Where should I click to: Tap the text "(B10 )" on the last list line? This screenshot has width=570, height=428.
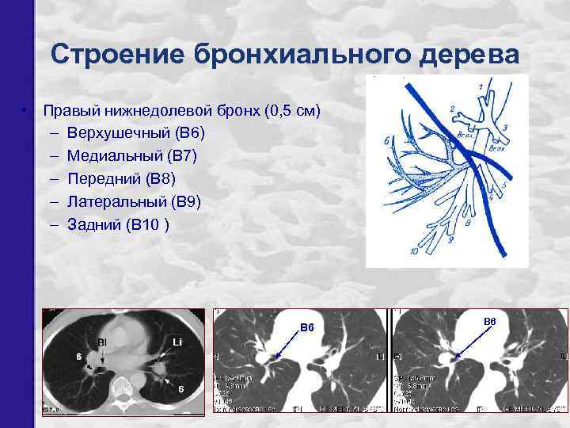pyautogui.click(x=146, y=225)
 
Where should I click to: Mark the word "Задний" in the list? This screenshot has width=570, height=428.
pyautogui.click(x=93, y=225)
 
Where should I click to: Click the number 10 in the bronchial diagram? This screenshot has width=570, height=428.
pyautogui.click(x=415, y=251)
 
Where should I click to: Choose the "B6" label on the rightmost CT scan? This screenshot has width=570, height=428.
pyautogui.click(x=489, y=321)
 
